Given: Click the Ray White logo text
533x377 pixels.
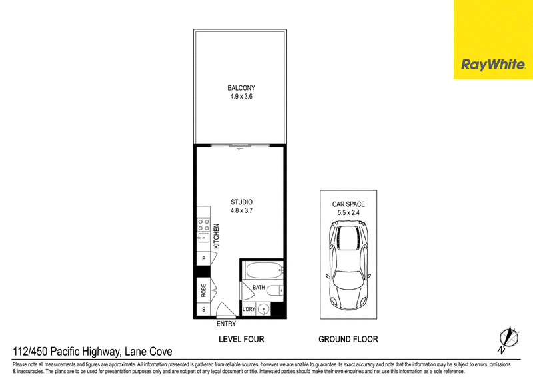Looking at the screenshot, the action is point(493,65).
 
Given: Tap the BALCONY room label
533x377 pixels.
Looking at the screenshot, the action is point(241,88).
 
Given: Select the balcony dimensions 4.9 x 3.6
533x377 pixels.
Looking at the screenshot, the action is point(241,96).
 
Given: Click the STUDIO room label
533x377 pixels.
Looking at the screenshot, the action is point(241,202).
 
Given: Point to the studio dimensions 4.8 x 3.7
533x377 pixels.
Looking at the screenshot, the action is point(241,210).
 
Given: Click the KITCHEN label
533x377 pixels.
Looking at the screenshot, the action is point(216,236).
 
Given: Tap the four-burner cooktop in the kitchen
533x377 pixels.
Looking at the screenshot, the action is point(203,225).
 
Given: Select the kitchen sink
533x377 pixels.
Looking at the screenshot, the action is point(203,238).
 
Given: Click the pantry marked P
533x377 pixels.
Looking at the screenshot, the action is point(203,258).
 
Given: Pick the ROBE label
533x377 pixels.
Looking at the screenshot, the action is point(203,290).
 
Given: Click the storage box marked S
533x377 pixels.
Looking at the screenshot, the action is point(203,309).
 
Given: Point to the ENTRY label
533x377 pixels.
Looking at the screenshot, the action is point(226,324).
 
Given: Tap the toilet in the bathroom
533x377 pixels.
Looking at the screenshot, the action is point(274,290).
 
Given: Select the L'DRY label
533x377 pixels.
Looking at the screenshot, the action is point(249,309).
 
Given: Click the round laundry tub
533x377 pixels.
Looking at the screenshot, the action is point(264,309).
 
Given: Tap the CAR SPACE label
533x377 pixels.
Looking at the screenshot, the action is point(348,204).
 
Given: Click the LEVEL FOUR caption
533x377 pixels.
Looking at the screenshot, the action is point(241,339).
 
